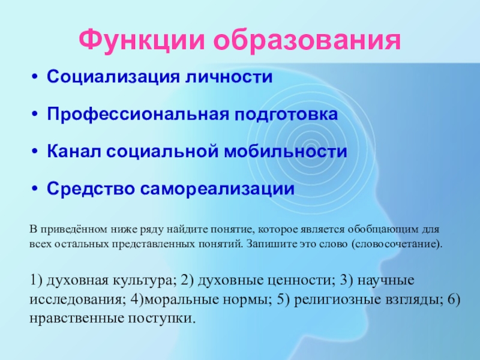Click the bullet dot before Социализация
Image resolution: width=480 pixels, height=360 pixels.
point(35,78)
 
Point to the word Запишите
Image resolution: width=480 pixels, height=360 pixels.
point(270,245)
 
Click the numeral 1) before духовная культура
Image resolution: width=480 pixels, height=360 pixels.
point(36,280)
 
